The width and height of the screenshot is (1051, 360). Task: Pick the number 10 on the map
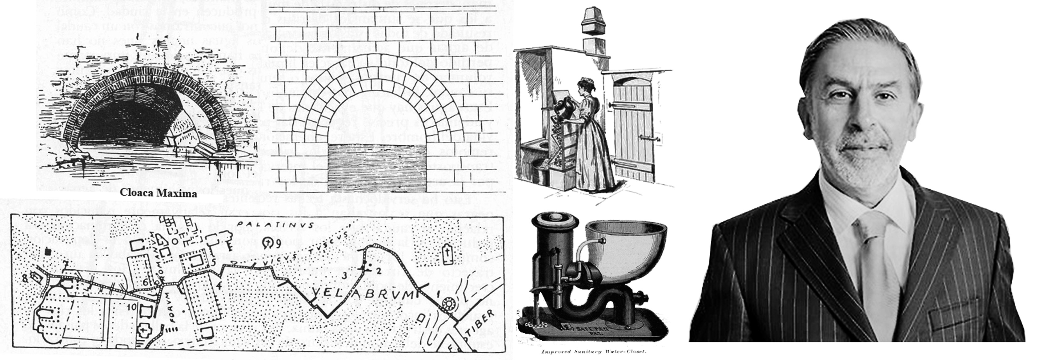click(x=131, y=306)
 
